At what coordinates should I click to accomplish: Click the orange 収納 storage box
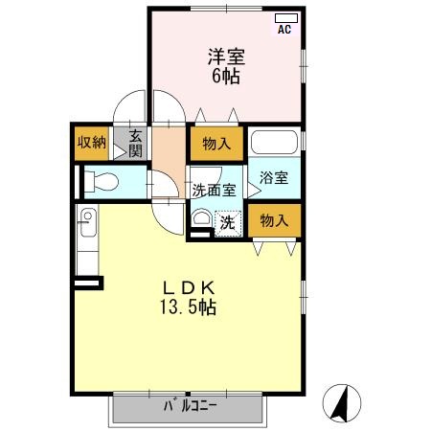point(91,143)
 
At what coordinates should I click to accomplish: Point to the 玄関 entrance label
point(135,143)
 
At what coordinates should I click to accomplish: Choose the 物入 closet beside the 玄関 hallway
point(215,144)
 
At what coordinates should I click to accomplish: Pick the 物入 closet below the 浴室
point(274,220)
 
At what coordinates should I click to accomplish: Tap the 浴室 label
point(274,178)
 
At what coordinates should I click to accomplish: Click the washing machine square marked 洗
point(228,221)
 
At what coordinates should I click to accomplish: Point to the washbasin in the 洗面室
point(201,219)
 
